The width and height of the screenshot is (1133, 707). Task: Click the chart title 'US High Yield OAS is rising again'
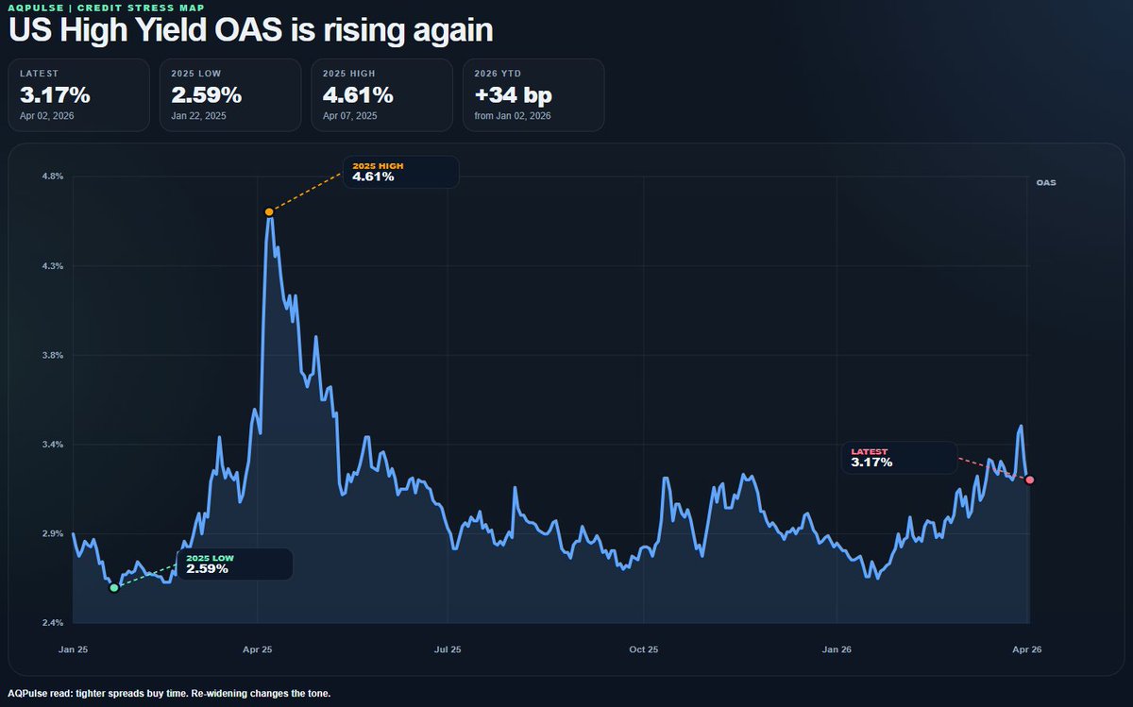coord(250,30)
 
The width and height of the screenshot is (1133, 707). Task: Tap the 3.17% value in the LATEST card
coord(55,95)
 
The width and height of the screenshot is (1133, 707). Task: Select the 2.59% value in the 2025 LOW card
coord(206,95)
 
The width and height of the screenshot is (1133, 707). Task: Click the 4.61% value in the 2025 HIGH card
coord(357,95)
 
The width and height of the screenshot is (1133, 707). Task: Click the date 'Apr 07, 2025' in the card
coord(350,116)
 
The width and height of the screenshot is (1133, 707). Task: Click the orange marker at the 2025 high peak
coord(269,211)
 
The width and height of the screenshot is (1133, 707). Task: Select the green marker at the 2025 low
coord(114,587)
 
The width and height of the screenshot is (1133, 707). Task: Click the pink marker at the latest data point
coord(1030,480)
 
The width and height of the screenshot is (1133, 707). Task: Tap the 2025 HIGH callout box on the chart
coord(400,172)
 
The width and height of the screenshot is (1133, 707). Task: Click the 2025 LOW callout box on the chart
coord(234,564)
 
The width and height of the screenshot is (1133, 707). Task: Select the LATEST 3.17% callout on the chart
coord(899,458)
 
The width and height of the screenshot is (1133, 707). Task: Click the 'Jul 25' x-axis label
coord(448,649)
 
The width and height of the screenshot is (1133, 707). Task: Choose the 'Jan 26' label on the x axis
coord(837,649)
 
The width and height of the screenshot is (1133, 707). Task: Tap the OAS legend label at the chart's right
coord(1045,183)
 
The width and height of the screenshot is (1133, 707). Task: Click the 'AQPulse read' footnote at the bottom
coord(170,694)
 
